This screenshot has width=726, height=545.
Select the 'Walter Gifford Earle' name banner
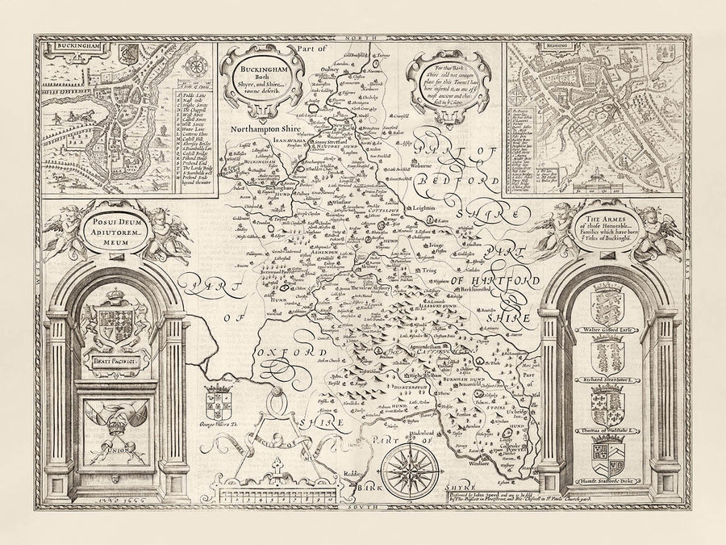pyautogui.click(x=607, y=330)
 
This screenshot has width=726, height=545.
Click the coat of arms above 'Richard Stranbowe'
pyautogui.click(x=607, y=354)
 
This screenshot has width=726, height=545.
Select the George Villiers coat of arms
pyautogui.click(x=218, y=401)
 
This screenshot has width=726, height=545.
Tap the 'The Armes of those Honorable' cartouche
pyautogui.click(x=607, y=224)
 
